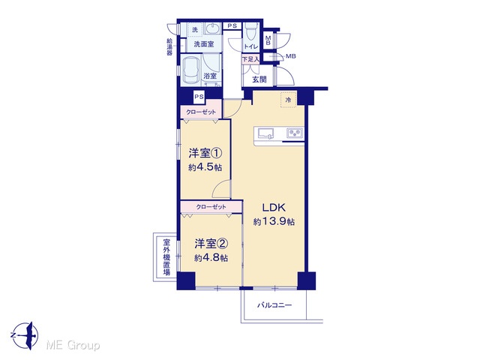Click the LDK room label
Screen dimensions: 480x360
coord(274,207)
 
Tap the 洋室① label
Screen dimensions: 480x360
coord(205,153)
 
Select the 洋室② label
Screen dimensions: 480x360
coord(211,244)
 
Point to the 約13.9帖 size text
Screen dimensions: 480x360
coord(274,221)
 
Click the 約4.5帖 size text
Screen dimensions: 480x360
coord(205,167)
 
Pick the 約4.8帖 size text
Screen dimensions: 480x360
coord(211,258)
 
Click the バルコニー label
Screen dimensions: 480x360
coord(274,305)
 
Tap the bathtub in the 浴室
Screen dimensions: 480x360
coord(191,70)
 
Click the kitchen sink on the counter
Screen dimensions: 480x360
coord(266,133)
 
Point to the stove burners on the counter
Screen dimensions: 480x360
coord(295,133)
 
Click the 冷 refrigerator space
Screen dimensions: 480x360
coord(289,100)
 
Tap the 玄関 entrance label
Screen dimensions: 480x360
coord(259,79)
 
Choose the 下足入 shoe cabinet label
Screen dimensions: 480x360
coord(250,59)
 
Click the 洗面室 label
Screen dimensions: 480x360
coord(204,44)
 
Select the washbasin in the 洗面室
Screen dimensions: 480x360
coord(211,28)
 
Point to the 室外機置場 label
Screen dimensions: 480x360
coord(166,257)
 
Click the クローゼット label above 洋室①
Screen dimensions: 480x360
coord(201,112)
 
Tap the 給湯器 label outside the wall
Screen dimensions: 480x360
coord(169,46)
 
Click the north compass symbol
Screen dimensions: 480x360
coord(26,335)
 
